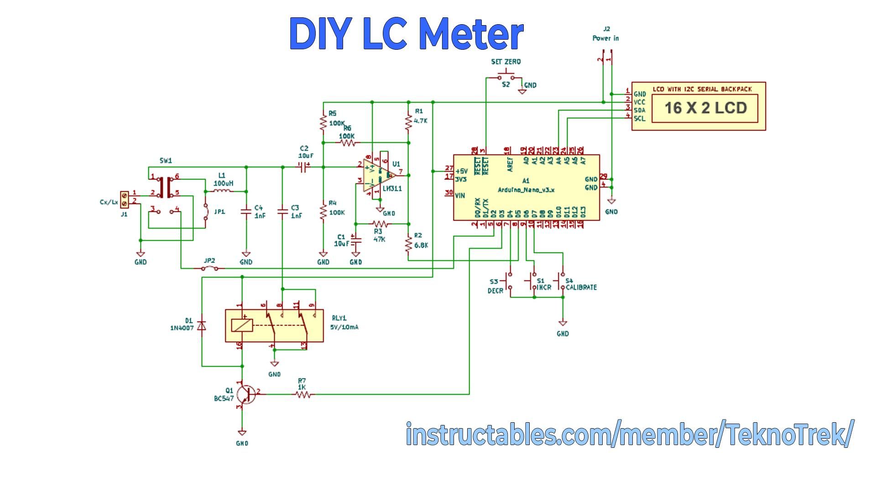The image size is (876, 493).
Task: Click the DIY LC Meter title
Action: (406, 34)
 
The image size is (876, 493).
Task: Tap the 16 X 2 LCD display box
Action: (705, 108)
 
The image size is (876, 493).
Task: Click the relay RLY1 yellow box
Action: (274, 325)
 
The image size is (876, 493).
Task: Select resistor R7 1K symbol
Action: (303, 394)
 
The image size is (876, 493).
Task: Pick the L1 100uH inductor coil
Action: (224, 191)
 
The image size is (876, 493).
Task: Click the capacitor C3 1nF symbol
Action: (282, 211)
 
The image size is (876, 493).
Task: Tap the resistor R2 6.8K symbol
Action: (408, 244)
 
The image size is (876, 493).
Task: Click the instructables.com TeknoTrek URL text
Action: (628, 435)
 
